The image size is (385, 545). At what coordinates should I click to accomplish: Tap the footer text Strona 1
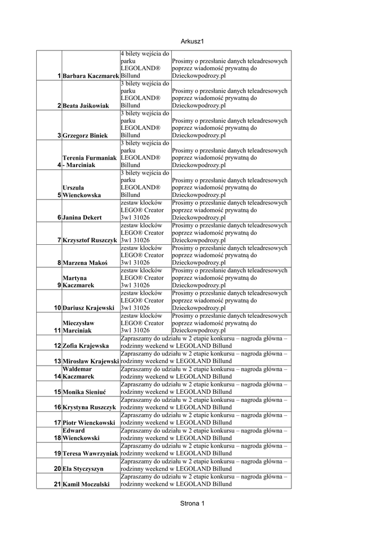pos(192,503)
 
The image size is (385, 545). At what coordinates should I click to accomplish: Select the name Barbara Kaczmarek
pos(90,76)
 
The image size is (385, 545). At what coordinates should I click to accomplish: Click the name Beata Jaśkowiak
pos(86,106)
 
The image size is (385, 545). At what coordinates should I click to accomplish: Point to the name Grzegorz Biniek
pos(85,136)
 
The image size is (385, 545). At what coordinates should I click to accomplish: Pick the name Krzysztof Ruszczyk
pos(89,241)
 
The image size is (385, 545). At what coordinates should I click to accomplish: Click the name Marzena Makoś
pos(85,263)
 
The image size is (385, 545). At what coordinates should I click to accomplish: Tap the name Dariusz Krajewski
pos(88,308)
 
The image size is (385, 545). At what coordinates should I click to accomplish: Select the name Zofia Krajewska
pos(86,346)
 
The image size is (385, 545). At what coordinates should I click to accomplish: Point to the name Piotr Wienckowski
pos(89,423)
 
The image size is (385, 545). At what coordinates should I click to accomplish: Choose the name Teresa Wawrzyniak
pos(90,453)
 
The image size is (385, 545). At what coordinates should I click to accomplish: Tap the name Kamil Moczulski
pos(86,484)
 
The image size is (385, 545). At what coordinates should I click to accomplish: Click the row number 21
pos(57,484)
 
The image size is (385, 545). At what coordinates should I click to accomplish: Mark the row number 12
pos(57,345)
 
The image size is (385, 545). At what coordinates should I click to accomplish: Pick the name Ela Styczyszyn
pos(82,469)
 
